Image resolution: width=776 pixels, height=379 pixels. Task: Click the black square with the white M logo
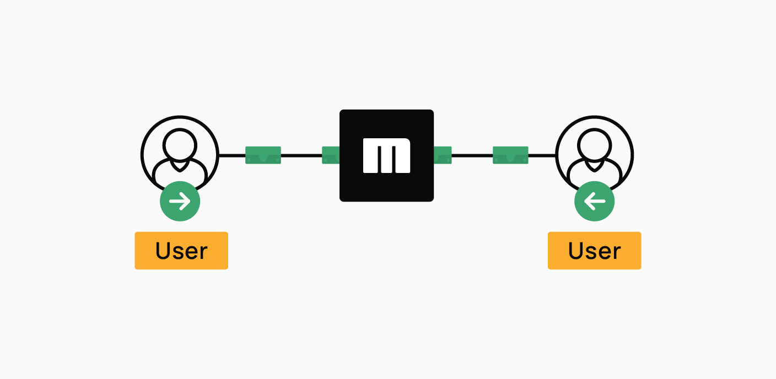[x=386, y=155]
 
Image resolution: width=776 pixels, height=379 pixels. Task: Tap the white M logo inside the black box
[x=386, y=155]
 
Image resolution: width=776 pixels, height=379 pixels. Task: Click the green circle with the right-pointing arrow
[x=180, y=201]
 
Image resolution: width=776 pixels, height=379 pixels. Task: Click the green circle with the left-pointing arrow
[x=595, y=201]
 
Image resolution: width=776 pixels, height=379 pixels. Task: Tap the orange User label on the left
[x=181, y=251]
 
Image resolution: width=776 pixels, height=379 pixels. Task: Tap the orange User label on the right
[x=595, y=251]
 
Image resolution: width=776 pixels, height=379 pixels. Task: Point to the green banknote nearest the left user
[x=263, y=155]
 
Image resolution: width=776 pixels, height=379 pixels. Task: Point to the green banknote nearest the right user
[x=511, y=155]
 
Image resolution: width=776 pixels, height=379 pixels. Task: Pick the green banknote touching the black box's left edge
[x=331, y=155]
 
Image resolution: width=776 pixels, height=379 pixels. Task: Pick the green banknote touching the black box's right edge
[x=443, y=155]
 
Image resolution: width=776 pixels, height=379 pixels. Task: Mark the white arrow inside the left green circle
[x=180, y=201]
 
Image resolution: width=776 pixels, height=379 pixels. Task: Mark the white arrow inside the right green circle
[x=595, y=201]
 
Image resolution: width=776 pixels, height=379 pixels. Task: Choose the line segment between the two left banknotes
[x=301, y=155]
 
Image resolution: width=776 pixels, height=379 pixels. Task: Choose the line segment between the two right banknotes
[x=472, y=155]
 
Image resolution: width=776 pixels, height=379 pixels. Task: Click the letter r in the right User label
[x=616, y=253]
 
